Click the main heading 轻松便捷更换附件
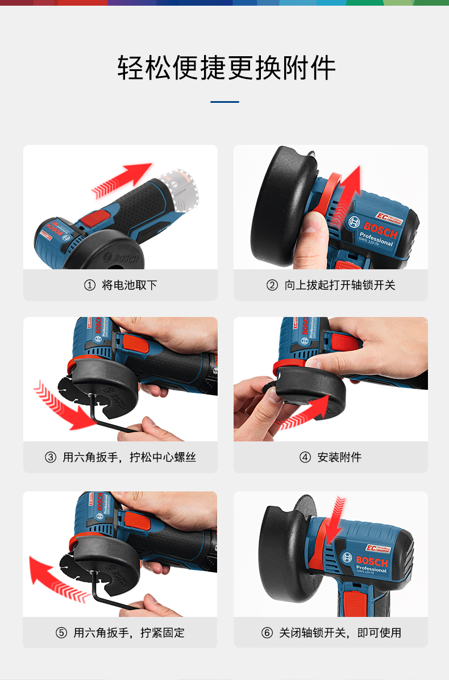click(226, 68)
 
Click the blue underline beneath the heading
click(224, 102)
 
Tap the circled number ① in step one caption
click(89, 285)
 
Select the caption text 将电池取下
click(129, 285)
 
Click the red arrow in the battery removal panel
click(122, 180)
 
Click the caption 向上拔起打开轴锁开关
click(340, 285)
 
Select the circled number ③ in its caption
click(51, 457)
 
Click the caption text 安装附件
click(339, 457)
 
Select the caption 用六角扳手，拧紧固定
click(129, 633)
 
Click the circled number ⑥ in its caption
click(267, 633)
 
